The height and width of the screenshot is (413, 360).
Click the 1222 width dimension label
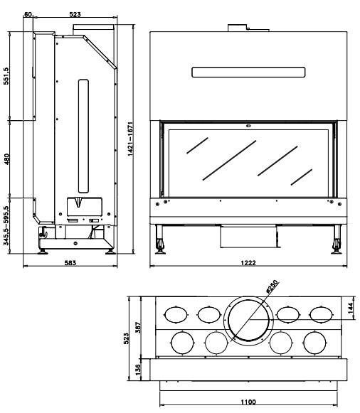tap(248, 263)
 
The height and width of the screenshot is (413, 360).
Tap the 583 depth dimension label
tap(70, 263)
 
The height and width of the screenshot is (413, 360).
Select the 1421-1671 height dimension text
tap(130, 139)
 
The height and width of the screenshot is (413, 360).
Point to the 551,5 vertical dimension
tap(6, 76)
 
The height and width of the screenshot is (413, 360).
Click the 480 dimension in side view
tap(6, 159)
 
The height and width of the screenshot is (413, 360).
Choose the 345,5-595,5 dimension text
tap(6, 226)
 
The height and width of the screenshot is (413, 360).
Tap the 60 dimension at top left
tap(28, 14)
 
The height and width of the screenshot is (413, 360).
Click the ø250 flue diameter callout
tap(272, 287)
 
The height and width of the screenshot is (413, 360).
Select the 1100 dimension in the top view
tap(248, 402)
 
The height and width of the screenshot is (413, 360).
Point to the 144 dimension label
tap(351, 309)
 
